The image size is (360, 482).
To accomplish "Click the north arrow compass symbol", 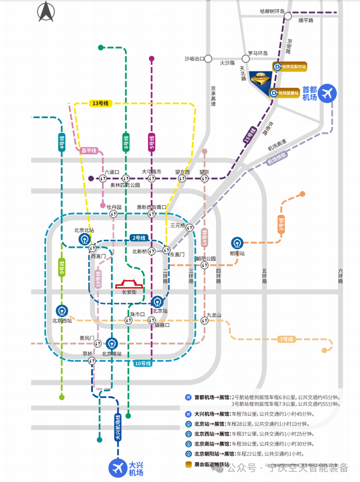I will pyautogui.click(x=46, y=11).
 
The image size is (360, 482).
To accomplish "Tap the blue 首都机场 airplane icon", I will pyautogui.click(x=327, y=93).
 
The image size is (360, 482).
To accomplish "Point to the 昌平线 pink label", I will pyautogui.click(x=89, y=150).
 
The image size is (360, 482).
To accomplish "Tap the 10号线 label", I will pyautogui.click(x=142, y=363).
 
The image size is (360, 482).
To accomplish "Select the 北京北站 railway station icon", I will pyautogui.click(x=84, y=239).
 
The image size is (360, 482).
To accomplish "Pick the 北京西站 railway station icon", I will pyautogui.click(x=61, y=311).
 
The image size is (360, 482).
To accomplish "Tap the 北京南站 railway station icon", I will pyautogui.click(x=112, y=343).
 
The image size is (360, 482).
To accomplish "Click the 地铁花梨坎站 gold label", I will pyautogui.click(x=290, y=66).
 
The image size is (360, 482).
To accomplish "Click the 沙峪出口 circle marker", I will pyautogui.click(x=209, y=58).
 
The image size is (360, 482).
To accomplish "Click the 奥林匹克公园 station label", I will pyautogui.click(x=125, y=185).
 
